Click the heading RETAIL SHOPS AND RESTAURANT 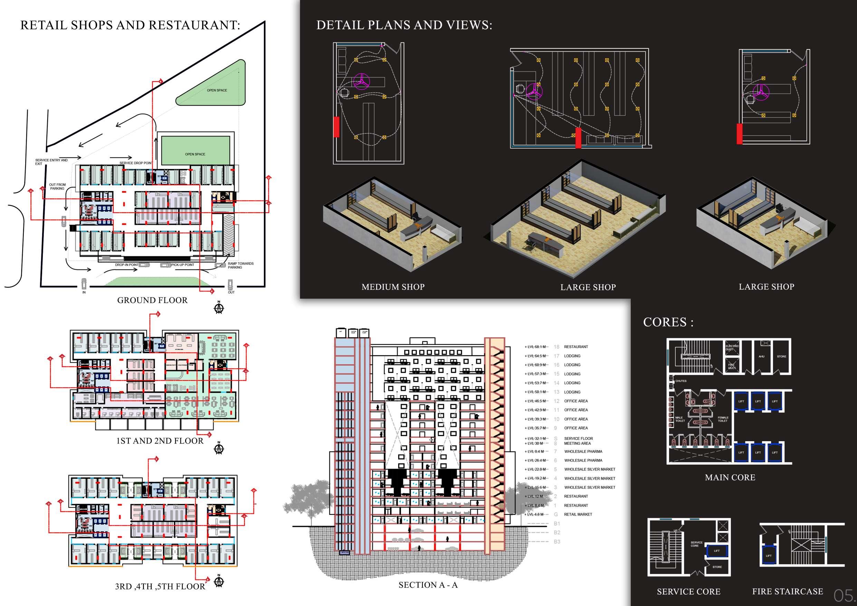click(130, 25)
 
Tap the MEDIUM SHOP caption click(393, 287)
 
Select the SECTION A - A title click(428, 585)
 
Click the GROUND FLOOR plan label click(152, 300)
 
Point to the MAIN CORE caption click(730, 477)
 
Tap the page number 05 click(843, 595)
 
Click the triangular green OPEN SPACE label click(217, 91)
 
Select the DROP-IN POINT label click(126, 265)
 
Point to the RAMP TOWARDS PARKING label click(240, 265)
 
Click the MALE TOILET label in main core click(680, 419)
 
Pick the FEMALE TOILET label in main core click(723, 419)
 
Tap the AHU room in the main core click(761, 357)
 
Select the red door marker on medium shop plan click(336, 126)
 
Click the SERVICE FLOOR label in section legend click(578, 438)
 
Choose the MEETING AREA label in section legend click(577, 443)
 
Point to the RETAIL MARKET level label click(578, 514)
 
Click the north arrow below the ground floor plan click(219, 308)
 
